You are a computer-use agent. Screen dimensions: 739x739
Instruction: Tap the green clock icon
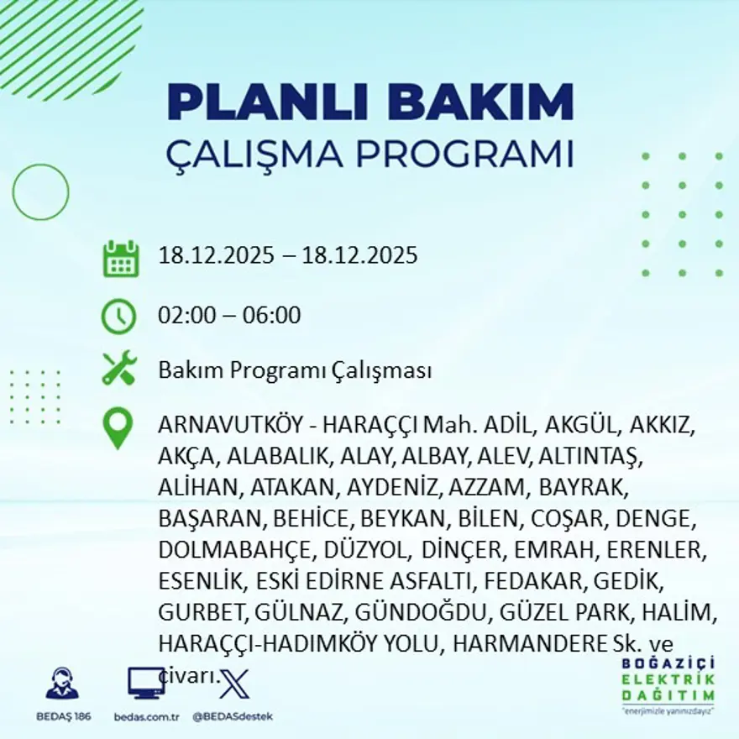tap(118, 316)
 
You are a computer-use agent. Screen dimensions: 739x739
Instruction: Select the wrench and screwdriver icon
tap(118, 369)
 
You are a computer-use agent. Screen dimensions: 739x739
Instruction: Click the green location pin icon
tap(118, 427)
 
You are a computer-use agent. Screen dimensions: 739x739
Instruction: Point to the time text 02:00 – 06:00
tap(229, 316)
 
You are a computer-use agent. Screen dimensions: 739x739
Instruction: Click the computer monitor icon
tap(145, 682)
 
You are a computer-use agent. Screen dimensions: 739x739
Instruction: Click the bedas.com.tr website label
tap(146, 716)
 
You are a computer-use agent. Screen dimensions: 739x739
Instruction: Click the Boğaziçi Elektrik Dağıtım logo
tap(668, 685)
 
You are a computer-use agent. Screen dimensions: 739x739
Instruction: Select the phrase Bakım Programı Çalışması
tap(295, 370)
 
